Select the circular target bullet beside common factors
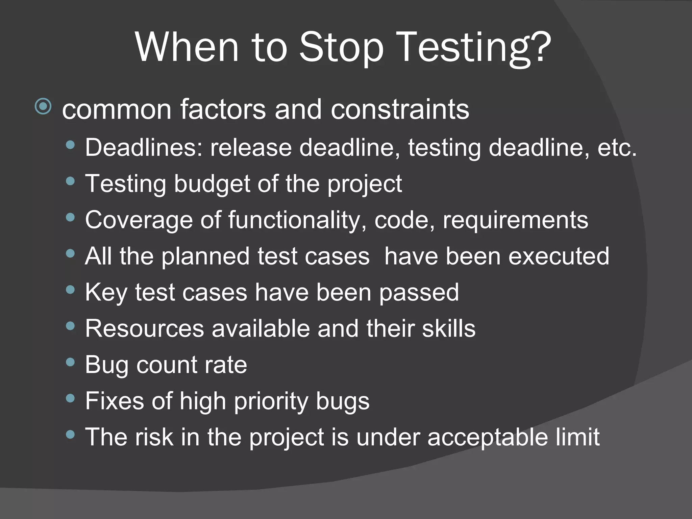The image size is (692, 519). [43, 107]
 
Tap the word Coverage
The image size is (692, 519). [139, 220]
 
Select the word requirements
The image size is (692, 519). [516, 221]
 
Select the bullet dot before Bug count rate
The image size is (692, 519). [70, 362]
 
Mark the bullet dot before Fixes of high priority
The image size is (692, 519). [70, 398]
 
